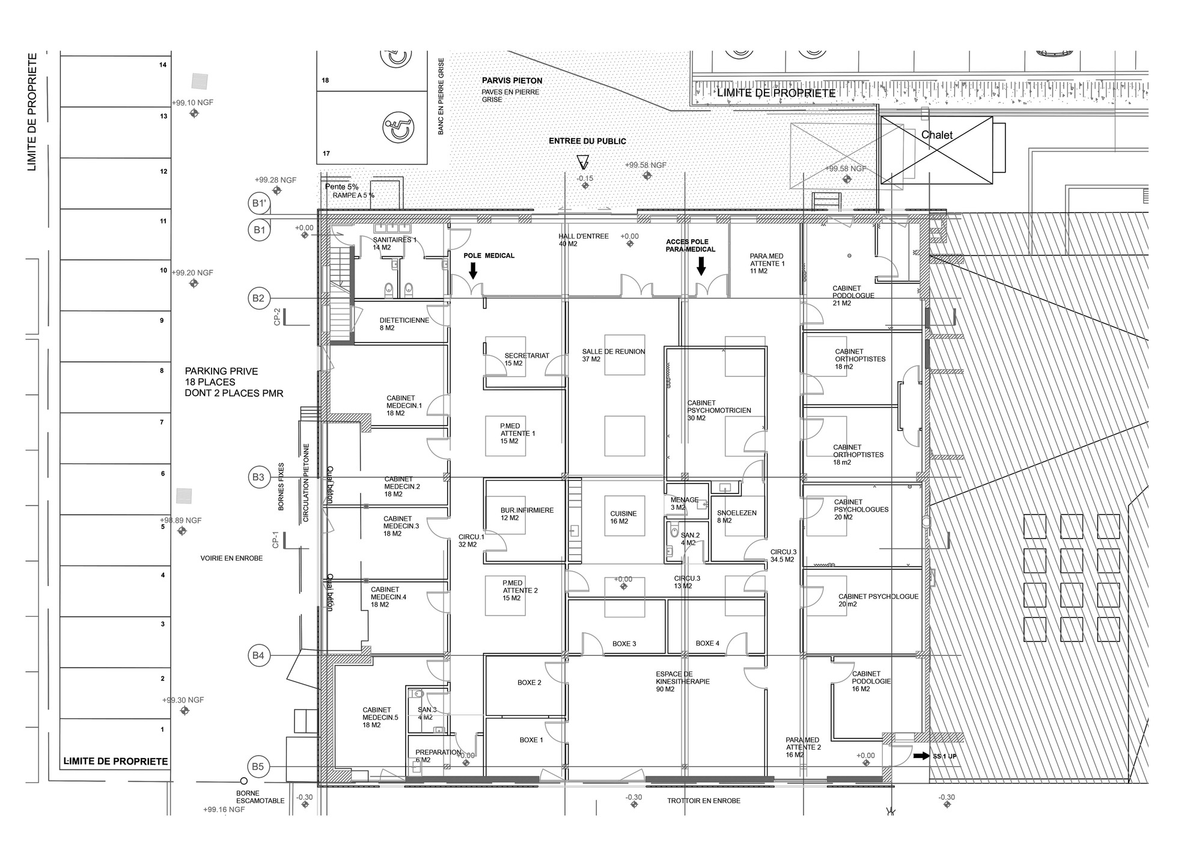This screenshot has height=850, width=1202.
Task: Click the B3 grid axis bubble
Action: [x=258, y=477]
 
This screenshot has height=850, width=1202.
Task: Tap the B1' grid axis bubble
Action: [x=258, y=203]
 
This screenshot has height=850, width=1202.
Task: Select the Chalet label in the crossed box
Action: [x=937, y=135]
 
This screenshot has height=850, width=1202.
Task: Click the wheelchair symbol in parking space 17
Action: [x=398, y=129]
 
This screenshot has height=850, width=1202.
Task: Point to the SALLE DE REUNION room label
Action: [x=613, y=355]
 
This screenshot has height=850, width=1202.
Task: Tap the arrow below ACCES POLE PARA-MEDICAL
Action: [x=701, y=266]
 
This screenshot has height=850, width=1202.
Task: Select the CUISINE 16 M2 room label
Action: [x=623, y=518]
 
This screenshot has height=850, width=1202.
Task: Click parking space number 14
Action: [x=163, y=65]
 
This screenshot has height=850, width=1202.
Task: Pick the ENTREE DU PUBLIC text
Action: [x=587, y=141]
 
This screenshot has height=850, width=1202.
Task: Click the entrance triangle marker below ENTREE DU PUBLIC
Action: [x=582, y=162]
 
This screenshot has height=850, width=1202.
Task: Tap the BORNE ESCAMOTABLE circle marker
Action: [x=243, y=781]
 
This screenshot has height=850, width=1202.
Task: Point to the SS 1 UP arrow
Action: [x=921, y=756]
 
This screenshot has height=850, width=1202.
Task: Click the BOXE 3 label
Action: [x=624, y=644]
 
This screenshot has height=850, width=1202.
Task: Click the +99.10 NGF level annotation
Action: [x=192, y=103]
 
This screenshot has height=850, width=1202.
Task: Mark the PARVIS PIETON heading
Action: [x=511, y=81]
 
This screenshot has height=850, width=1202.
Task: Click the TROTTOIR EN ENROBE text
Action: [x=703, y=801]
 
